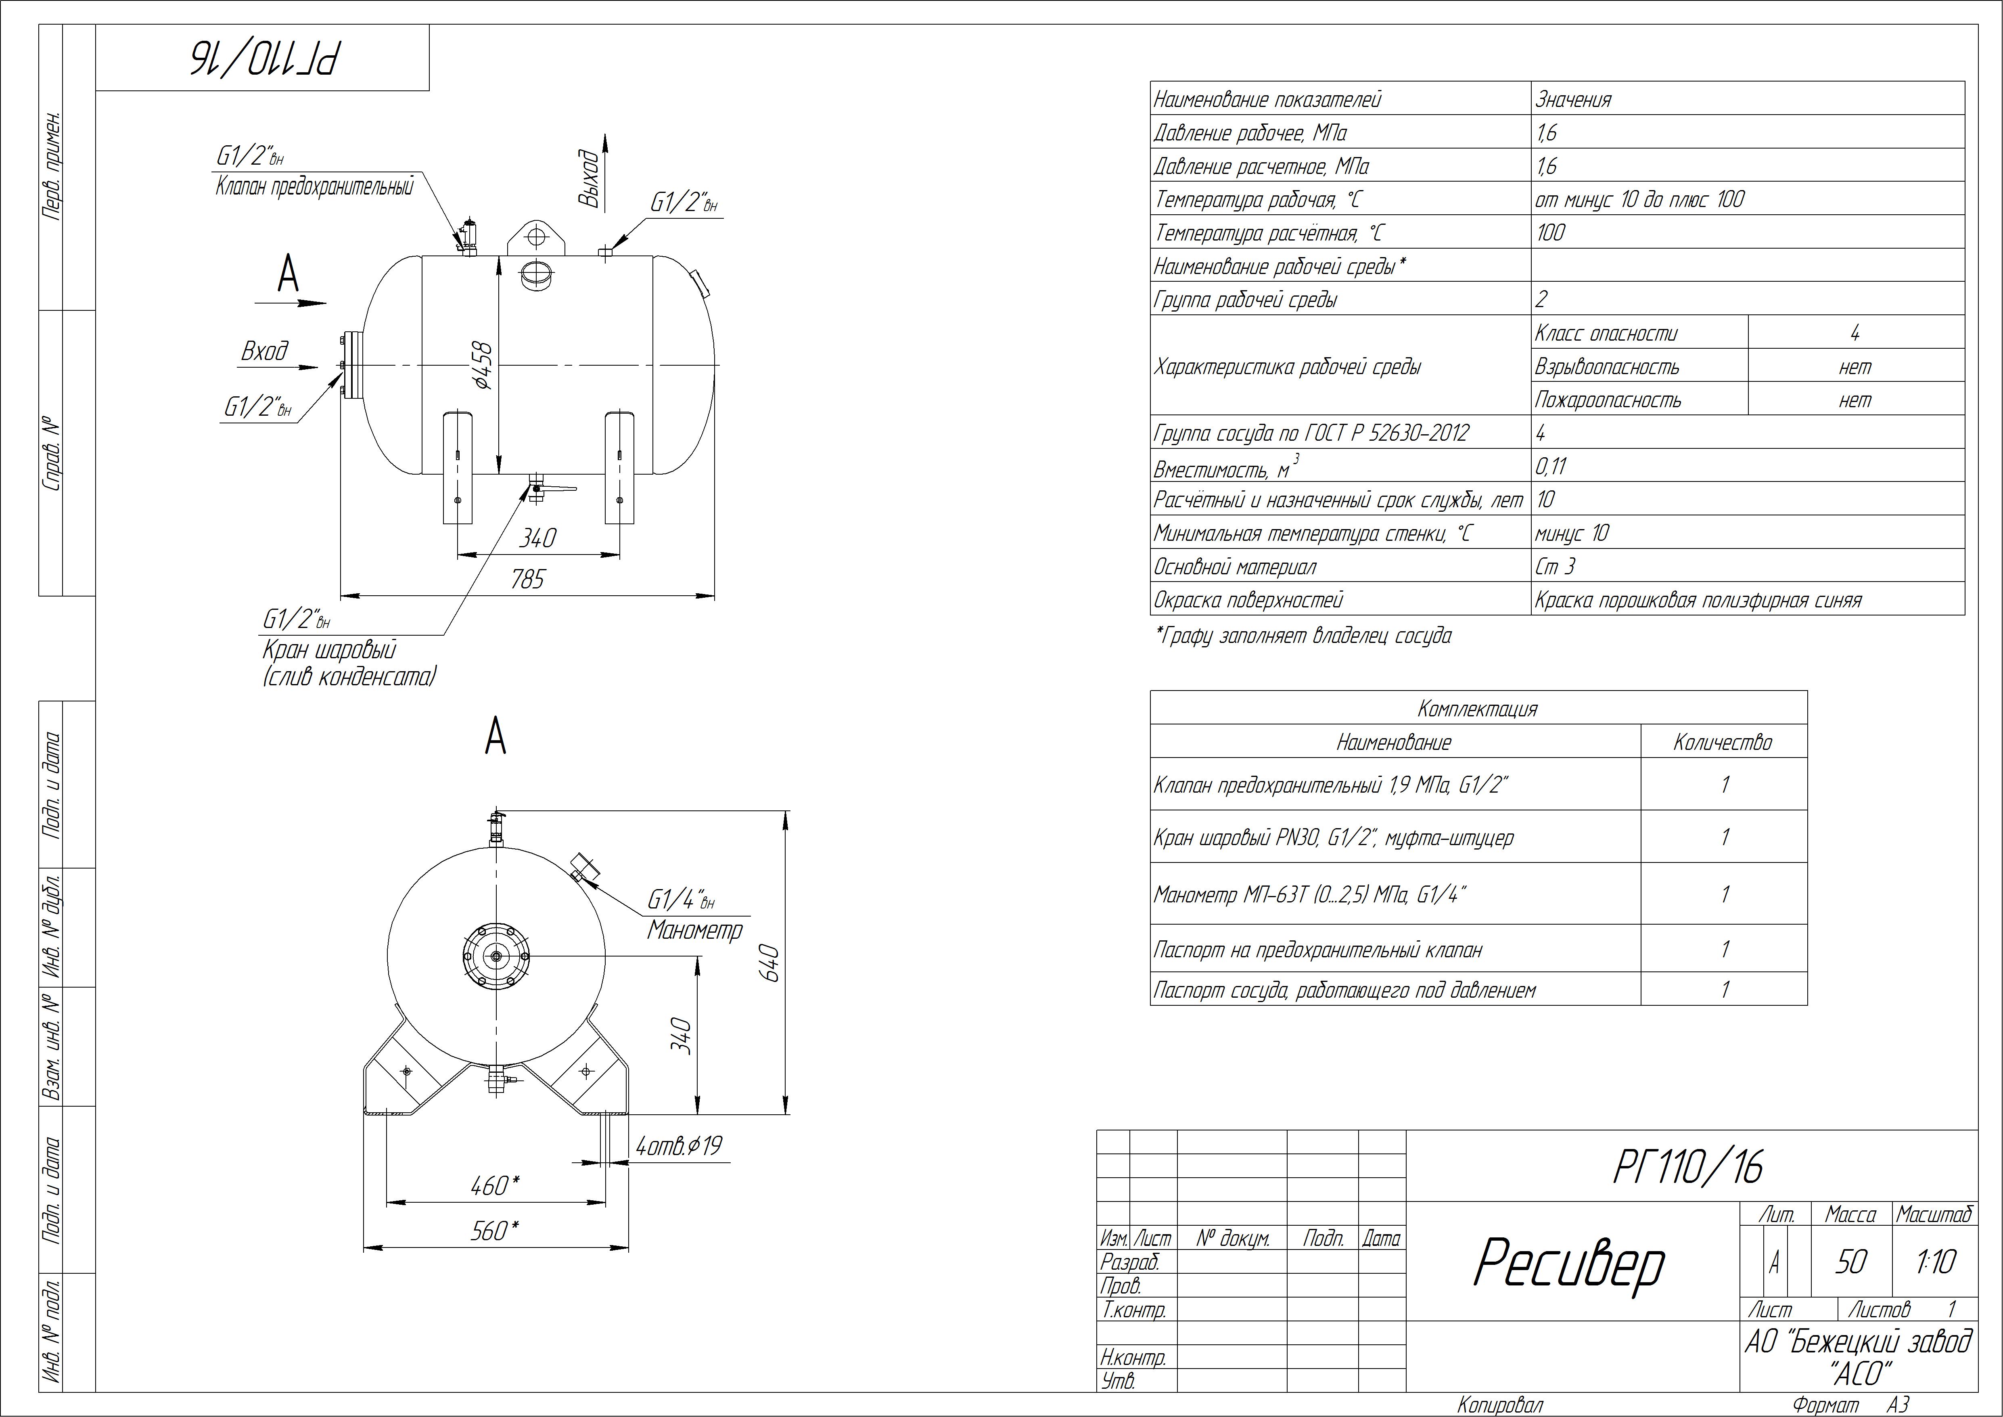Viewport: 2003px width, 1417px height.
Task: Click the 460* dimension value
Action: click(495, 1186)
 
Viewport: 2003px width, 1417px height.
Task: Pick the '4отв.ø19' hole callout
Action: click(679, 1146)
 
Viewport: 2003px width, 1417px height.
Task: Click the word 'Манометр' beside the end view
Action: click(694, 930)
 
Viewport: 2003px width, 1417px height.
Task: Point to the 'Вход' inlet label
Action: click(264, 352)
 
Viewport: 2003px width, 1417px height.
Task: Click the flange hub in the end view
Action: click(496, 956)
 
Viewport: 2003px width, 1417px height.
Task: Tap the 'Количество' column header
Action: click(1723, 743)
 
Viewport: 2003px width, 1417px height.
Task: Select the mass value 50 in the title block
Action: click(1850, 1262)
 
